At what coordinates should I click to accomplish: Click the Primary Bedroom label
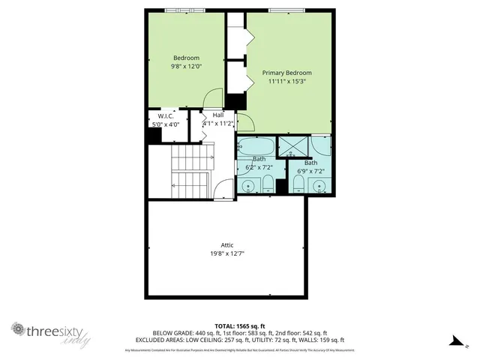pos(286,73)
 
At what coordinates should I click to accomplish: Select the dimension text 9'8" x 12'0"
pos(186,67)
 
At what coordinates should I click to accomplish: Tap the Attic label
pos(227,244)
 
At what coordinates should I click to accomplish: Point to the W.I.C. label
pos(166,116)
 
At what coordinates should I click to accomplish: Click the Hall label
pos(218,115)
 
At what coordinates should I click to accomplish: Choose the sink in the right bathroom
pos(319,184)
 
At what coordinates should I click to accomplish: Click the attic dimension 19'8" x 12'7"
pos(227,253)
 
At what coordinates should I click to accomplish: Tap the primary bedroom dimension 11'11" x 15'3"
pos(286,82)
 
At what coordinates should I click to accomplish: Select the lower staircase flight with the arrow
pos(190,184)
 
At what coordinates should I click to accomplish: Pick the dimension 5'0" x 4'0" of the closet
pos(166,124)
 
